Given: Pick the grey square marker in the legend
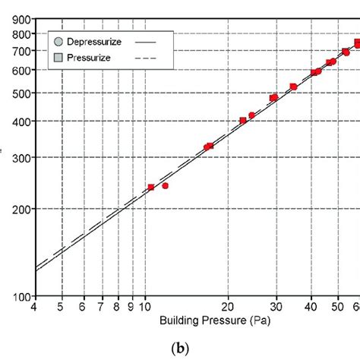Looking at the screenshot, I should [x=58, y=58].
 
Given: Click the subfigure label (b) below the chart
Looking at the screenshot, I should [x=180, y=347].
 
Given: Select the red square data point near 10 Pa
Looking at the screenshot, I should [x=151, y=187].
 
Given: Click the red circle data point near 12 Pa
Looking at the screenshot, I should [x=166, y=185].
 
